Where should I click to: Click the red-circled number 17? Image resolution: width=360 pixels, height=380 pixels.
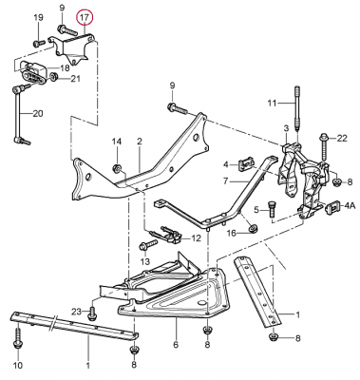coord(85,18)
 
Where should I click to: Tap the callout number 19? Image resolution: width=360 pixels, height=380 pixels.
coord(38,18)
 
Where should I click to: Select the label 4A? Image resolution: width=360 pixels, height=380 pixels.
coord(350,206)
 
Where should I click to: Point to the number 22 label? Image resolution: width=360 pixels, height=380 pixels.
coord(342,139)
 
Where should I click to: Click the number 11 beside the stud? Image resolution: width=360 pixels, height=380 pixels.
coord(272,104)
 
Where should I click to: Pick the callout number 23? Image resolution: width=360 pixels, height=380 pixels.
coord(76,311)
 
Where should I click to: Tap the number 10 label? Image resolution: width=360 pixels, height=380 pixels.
coord(18,365)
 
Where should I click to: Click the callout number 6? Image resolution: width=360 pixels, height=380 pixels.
coord(176,344)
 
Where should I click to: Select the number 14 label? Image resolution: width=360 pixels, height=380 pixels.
coord(116,142)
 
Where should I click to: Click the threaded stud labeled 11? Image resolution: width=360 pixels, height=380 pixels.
coord(297,108)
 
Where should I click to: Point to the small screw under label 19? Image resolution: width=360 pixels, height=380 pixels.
coord(37,43)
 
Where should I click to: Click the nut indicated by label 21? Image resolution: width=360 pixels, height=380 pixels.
coord(53,76)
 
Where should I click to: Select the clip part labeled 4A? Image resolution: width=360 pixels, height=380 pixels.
coord(333,207)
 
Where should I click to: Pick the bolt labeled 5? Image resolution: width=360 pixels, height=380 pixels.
coord(271,209)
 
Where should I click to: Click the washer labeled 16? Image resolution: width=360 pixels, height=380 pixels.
coord(253,228)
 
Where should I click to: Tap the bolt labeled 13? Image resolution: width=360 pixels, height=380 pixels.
coord(147,246)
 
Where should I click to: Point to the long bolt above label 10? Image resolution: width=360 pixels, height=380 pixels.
coord(16,337)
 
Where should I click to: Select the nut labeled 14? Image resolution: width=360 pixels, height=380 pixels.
coord(118,168)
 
